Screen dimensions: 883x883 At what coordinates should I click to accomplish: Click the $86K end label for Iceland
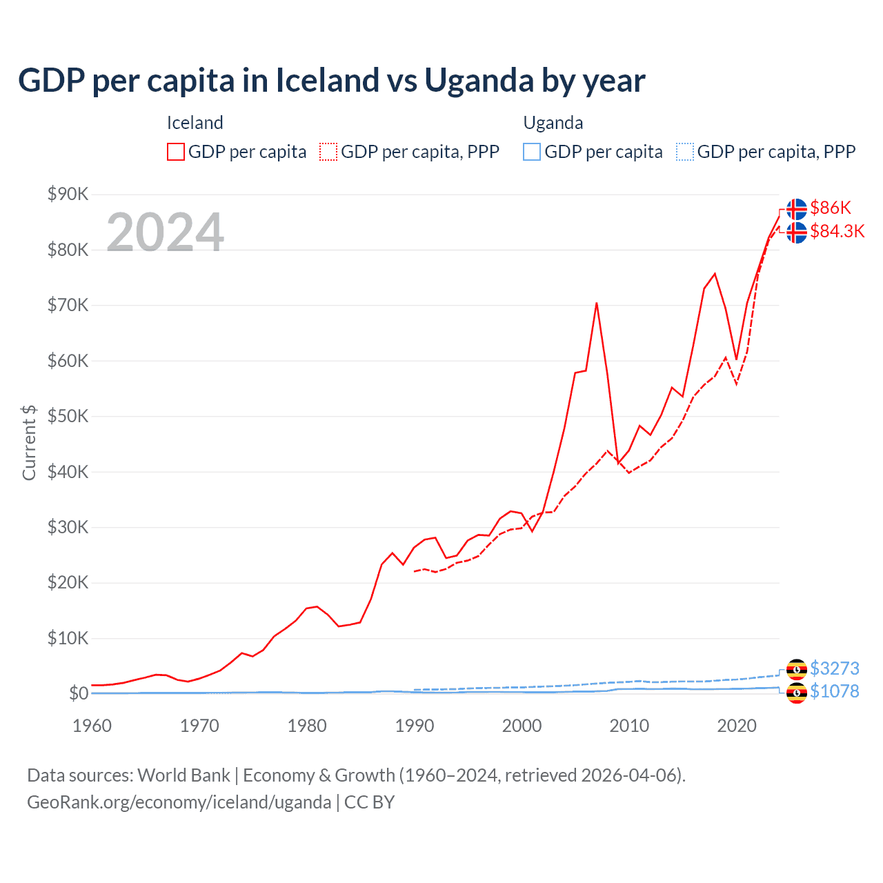(x=831, y=208)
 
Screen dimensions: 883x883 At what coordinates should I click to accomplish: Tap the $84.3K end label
(x=837, y=231)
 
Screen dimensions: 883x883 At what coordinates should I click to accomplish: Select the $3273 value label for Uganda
(x=834, y=668)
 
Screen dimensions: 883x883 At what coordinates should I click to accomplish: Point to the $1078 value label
(x=834, y=691)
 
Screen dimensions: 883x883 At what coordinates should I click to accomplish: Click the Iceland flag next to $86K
(x=797, y=208)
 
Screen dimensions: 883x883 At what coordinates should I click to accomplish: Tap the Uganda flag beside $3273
(x=797, y=669)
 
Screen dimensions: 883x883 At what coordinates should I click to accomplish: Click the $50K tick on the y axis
(x=68, y=416)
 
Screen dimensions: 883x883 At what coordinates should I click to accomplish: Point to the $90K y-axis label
(x=68, y=194)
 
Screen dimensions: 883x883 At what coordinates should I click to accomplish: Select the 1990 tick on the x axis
(x=415, y=726)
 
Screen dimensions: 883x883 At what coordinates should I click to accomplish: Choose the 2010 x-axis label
(x=629, y=726)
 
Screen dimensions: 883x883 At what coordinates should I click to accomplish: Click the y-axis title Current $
(x=29, y=442)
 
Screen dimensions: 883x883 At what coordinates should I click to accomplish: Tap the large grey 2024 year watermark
(x=165, y=232)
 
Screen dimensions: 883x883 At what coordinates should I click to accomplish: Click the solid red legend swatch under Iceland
(x=176, y=152)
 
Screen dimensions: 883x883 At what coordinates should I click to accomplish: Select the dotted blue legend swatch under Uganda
(x=685, y=152)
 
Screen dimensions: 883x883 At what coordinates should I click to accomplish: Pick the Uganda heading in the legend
(x=553, y=123)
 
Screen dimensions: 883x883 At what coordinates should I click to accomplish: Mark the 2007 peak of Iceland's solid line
(x=597, y=303)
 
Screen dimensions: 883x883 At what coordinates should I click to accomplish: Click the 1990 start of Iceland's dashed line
(x=415, y=571)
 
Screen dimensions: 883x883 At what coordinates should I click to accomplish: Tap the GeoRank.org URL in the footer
(x=179, y=802)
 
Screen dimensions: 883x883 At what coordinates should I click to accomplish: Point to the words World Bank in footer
(x=183, y=775)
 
